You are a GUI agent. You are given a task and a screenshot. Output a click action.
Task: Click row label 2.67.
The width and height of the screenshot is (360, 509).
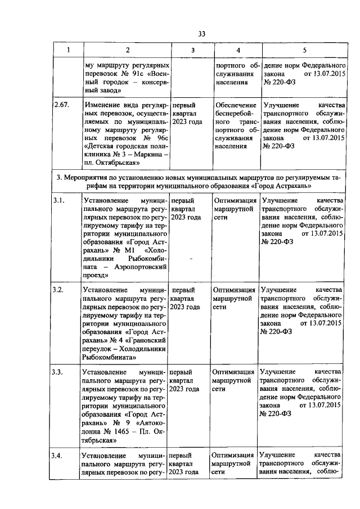point(62,105)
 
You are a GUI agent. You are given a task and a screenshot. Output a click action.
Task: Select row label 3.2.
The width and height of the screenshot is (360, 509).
point(59,290)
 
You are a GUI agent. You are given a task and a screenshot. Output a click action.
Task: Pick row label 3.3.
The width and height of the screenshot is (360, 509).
point(59,372)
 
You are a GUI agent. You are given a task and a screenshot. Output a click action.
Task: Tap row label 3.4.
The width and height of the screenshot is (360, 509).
point(59,454)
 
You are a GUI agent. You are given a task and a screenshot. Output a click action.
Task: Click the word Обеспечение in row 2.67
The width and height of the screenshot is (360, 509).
point(237,105)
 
